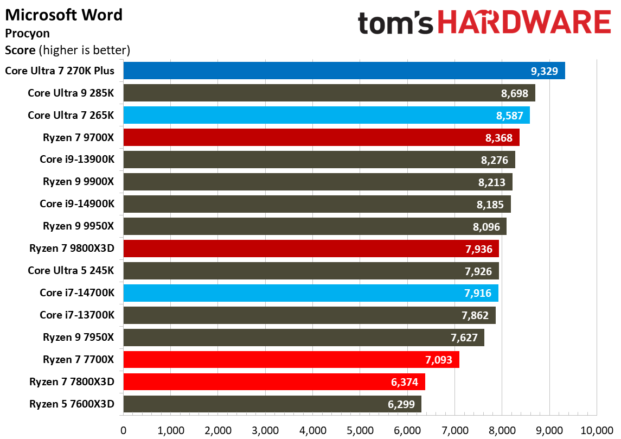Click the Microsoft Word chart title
click(x=63, y=14)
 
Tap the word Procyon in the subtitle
click(x=27, y=33)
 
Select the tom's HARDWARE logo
click(x=484, y=23)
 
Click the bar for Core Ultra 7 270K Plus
click(x=344, y=71)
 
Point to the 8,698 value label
click(x=515, y=93)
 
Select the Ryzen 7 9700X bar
click(x=321, y=137)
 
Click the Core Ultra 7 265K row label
click(x=71, y=115)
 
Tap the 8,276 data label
click(x=494, y=160)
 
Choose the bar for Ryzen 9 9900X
click(x=317, y=182)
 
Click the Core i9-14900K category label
click(x=77, y=204)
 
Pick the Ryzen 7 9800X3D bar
click(x=311, y=249)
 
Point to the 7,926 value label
click(x=478, y=271)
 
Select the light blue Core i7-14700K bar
click(x=310, y=293)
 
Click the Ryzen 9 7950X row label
click(x=79, y=338)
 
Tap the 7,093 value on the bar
click(x=438, y=360)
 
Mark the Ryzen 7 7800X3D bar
click(x=274, y=382)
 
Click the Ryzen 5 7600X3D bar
click(x=272, y=404)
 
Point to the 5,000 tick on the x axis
click(x=360, y=430)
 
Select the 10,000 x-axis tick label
click(x=597, y=430)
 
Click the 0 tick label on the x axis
click(x=124, y=430)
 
